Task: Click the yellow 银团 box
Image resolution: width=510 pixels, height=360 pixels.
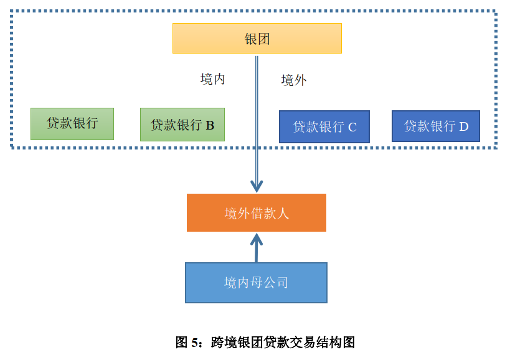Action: click(257, 39)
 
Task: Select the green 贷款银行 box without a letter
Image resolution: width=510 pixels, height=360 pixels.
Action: click(72, 123)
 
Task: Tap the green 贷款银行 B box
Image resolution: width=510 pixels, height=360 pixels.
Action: click(182, 125)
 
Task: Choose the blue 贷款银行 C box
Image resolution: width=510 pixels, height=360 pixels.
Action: click(324, 127)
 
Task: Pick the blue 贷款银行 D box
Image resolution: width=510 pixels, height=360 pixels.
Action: click(435, 126)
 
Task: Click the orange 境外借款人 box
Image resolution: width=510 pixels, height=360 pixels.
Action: click(256, 213)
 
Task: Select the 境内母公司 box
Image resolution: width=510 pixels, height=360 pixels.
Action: click(256, 283)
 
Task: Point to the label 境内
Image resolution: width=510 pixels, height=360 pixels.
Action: click(212, 79)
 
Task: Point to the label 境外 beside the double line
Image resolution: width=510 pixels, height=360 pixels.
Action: click(294, 80)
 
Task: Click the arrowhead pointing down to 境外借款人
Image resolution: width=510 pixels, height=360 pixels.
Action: click(257, 186)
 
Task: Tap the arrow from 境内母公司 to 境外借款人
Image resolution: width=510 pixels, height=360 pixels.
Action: click(256, 247)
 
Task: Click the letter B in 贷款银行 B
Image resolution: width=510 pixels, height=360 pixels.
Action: click(210, 125)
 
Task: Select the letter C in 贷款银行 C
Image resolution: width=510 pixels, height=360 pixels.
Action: click(352, 128)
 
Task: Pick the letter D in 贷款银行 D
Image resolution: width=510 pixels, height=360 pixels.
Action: click(463, 126)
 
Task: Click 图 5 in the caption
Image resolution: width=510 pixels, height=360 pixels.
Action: click(188, 342)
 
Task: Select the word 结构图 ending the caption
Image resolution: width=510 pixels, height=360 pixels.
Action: click(342, 342)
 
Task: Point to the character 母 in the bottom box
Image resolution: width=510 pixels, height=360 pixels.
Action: click(256, 283)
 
